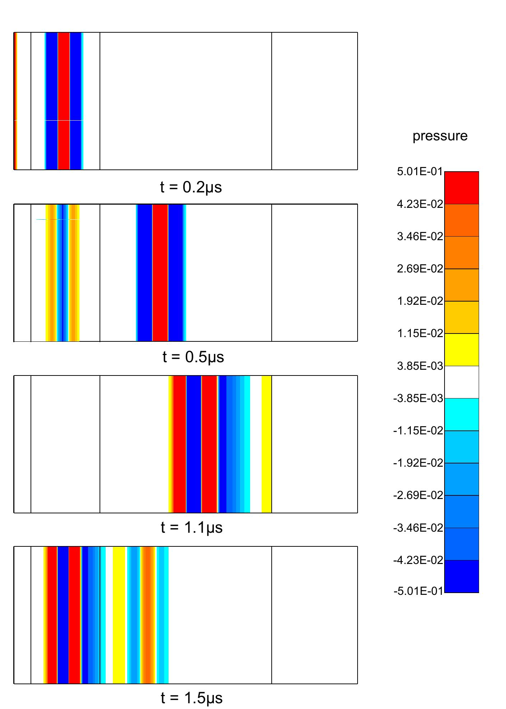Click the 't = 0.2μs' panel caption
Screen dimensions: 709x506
(x=191, y=187)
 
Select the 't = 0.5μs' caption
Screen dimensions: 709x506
(x=193, y=357)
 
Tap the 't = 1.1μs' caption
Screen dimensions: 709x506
(x=192, y=527)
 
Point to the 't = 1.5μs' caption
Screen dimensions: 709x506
(x=192, y=698)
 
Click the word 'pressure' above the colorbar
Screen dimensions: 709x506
(x=440, y=136)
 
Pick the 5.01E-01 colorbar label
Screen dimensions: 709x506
(x=420, y=172)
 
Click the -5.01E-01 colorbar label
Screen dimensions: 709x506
(x=418, y=591)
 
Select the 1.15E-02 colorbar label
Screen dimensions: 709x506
(x=420, y=333)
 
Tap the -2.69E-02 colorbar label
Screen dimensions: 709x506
(x=418, y=495)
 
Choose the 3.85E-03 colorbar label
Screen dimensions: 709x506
(x=420, y=366)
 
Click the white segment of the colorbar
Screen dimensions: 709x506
(x=461, y=382)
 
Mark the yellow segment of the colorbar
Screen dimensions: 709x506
(x=461, y=350)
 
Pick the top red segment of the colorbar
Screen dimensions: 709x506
(x=461, y=188)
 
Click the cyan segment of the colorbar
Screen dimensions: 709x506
(x=461, y=414)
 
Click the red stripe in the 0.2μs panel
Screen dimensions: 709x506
(x=64, y=101)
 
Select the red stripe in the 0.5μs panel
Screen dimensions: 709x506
(x=160, y=273)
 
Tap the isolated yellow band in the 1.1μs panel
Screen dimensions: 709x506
(x=266, y=444)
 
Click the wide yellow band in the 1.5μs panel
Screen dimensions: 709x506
(x=119, y=615)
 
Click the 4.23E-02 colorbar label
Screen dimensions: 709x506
(x=420, y=204)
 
